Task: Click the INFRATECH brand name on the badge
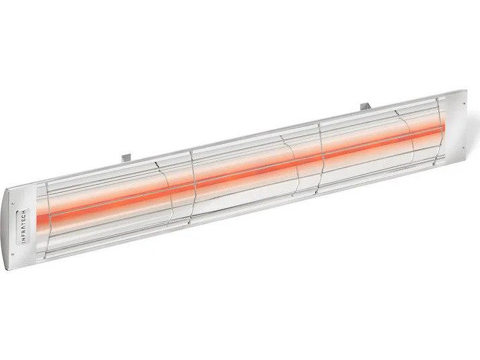click(25, 227)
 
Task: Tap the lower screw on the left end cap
click(13, 254)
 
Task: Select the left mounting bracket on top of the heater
click(126, 158)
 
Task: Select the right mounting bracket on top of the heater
click(366, 107)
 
